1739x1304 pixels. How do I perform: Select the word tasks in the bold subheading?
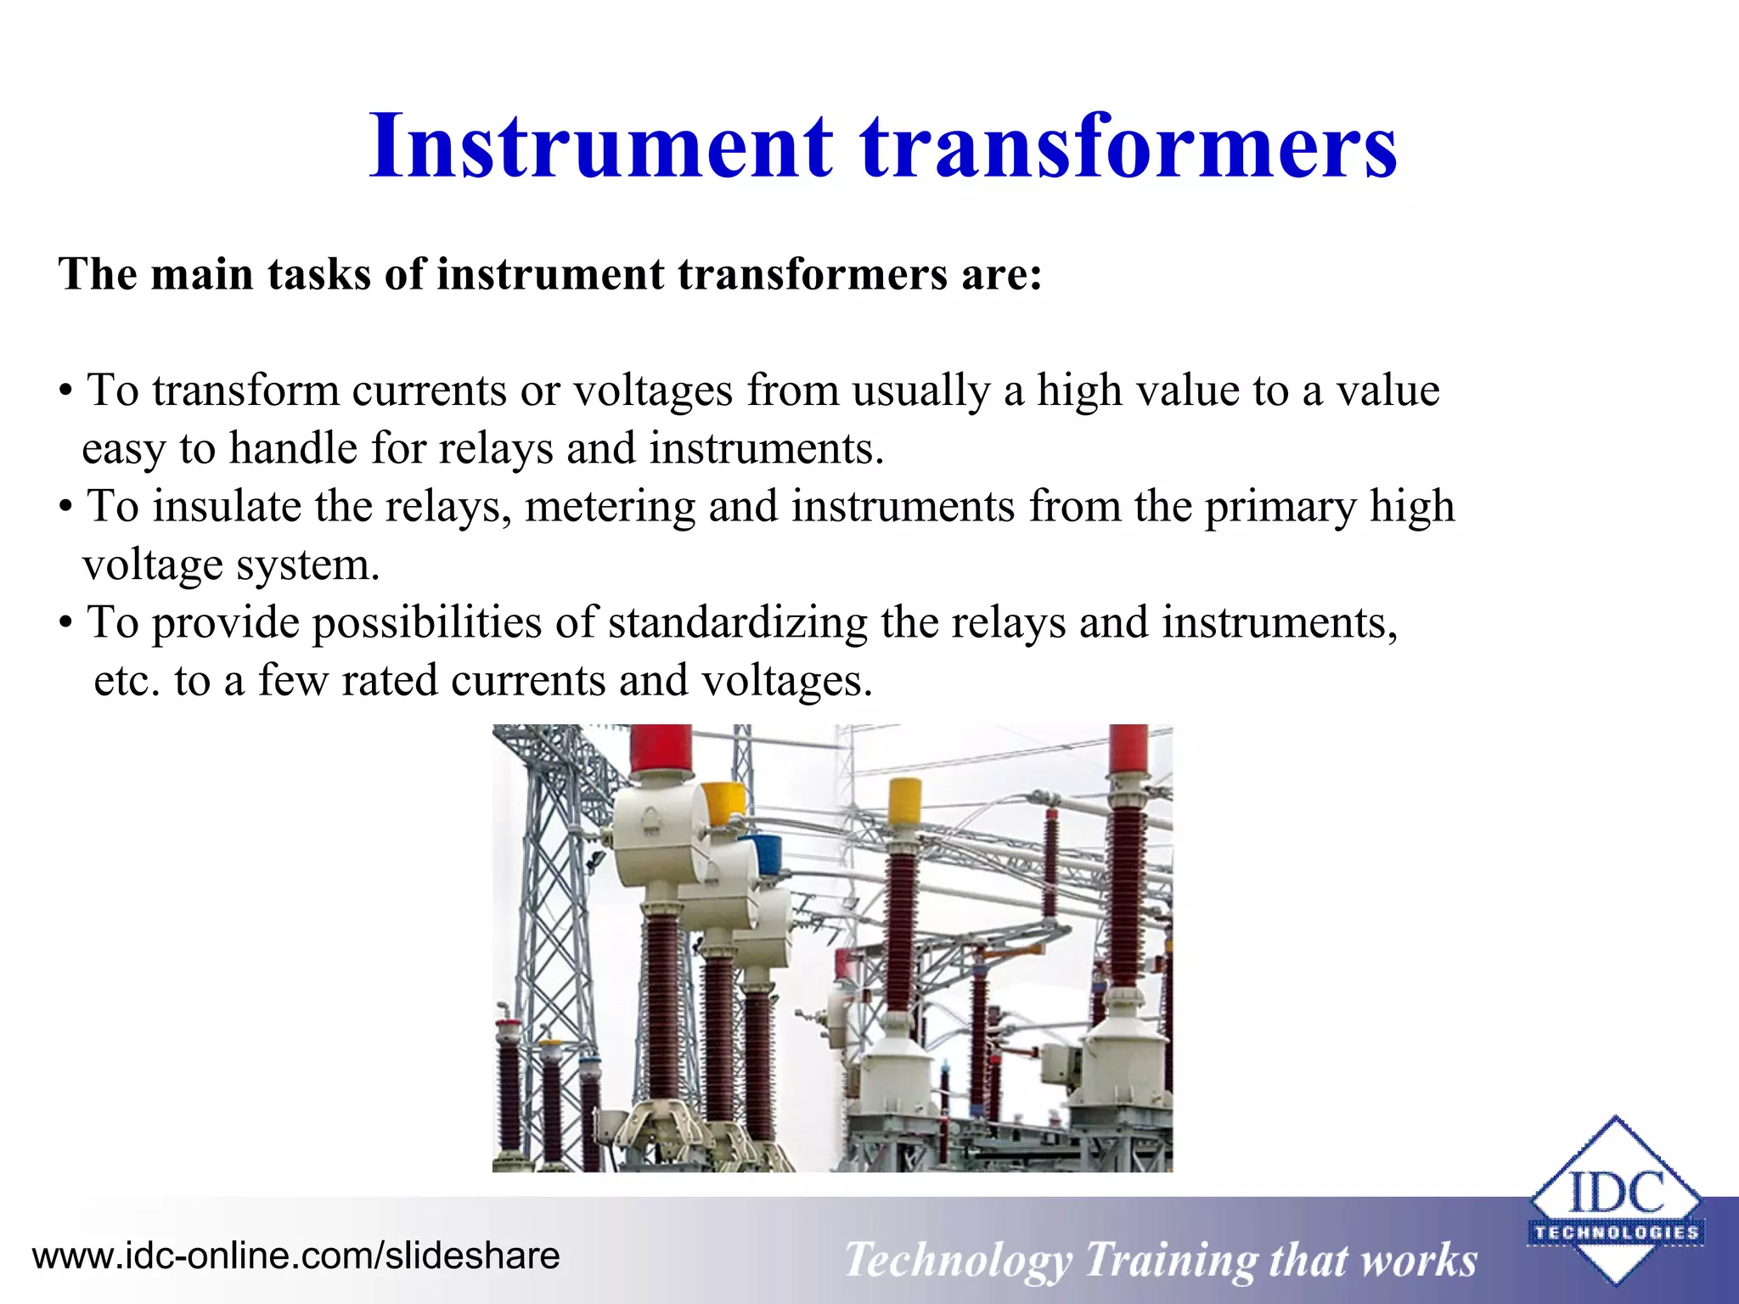[318, 275]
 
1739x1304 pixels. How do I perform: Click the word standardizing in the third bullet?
[737, 622]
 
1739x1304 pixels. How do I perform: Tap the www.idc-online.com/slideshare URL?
[295, 1256]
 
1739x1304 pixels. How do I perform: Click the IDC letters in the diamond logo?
[1616, 1193]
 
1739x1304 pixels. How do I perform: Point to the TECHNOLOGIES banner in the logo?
[1616, 1233]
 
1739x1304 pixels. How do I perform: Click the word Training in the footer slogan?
[1169, 1260]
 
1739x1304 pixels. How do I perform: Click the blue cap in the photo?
[766, 853]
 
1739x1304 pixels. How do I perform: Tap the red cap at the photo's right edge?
[1128, 751]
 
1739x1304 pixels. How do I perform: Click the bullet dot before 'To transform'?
[65, 393]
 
